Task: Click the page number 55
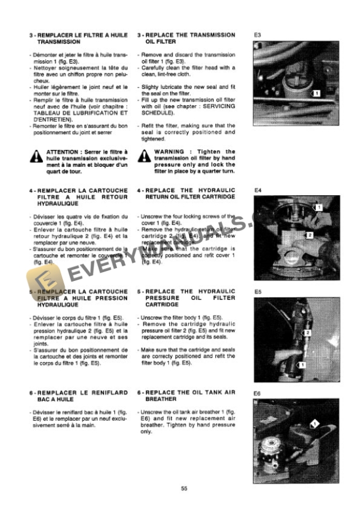[x=184, y=488]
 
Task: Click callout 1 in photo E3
[x=316, y=93]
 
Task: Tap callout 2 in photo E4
[x=309, y=235]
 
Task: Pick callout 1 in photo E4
[x=318, y=207]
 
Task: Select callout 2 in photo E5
[x=307, y=333]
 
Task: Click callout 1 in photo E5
[x=302, y=365]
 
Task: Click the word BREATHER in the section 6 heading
[x=161, y=398]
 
